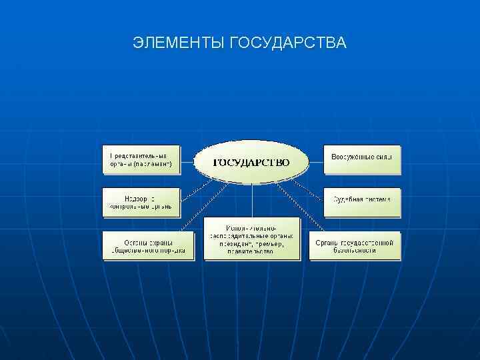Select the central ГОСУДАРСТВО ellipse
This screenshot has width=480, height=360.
coord(251,162)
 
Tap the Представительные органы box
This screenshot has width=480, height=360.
coord(141,159)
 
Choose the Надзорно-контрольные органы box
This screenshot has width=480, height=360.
coord(141,202)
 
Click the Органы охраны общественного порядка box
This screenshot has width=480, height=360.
coord(145,245)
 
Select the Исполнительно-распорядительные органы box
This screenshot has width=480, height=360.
coord(251,239)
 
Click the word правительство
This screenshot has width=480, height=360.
coord(251,251)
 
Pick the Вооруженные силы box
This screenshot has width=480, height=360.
coord(363,159)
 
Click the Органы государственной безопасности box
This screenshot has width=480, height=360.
coord(355,245)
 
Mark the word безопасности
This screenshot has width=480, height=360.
coord(355,251)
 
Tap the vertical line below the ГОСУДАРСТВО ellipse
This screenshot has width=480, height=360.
coord(251,200)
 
